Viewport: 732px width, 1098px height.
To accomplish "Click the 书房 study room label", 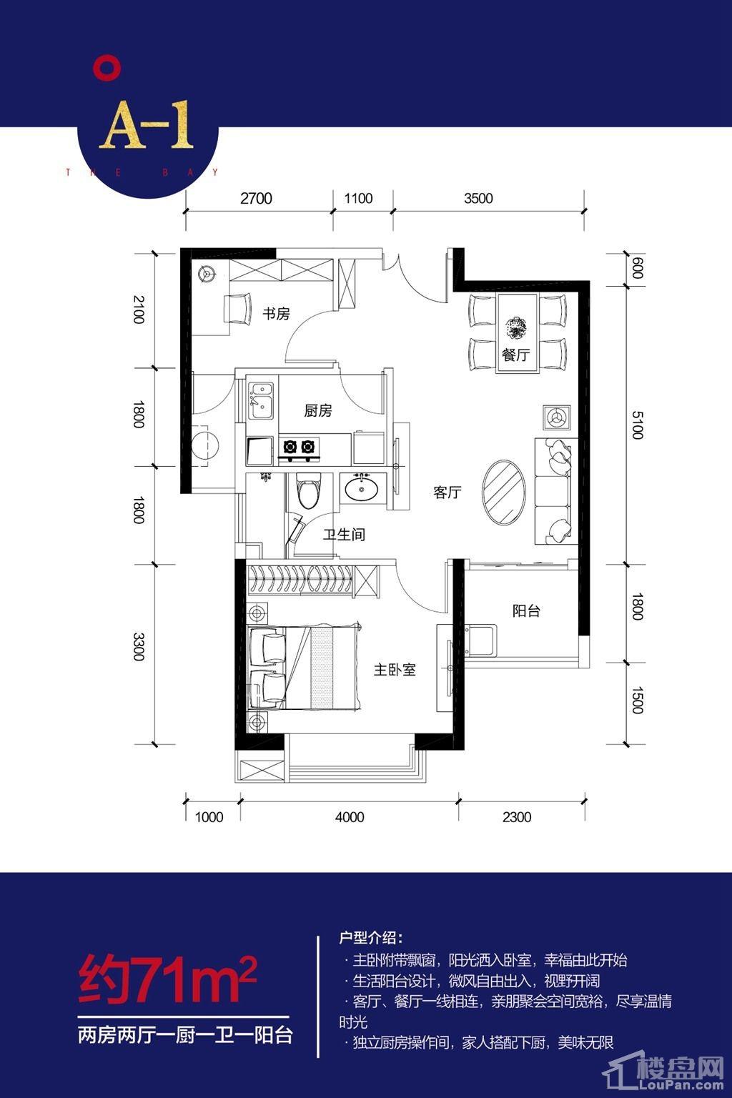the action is (276, 313).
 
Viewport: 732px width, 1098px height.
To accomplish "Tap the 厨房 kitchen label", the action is (317, 410).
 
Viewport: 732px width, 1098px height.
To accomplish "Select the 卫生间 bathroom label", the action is (344, 534).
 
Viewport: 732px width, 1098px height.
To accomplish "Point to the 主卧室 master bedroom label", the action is (395, 669).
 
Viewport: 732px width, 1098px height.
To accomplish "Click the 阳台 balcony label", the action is (526, 610).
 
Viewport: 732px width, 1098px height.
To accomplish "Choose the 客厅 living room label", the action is (447, 492).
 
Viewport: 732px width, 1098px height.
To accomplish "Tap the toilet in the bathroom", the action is (309, 490).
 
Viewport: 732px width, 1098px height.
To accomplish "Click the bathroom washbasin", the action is (362, 488).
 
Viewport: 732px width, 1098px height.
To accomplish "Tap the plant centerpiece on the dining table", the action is (516, 327).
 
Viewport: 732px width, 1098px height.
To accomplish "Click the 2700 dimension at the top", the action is (256, 199).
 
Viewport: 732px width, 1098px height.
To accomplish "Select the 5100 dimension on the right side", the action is (637, 425).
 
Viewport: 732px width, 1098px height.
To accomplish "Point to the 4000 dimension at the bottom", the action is (350, 817).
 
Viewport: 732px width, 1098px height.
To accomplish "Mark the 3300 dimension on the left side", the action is (139, 646).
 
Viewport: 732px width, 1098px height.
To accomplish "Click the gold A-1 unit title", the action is (146, 127).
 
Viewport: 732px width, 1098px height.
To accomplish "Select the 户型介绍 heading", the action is (371, 938).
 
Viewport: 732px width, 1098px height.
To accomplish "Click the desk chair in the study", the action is (238, 309).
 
